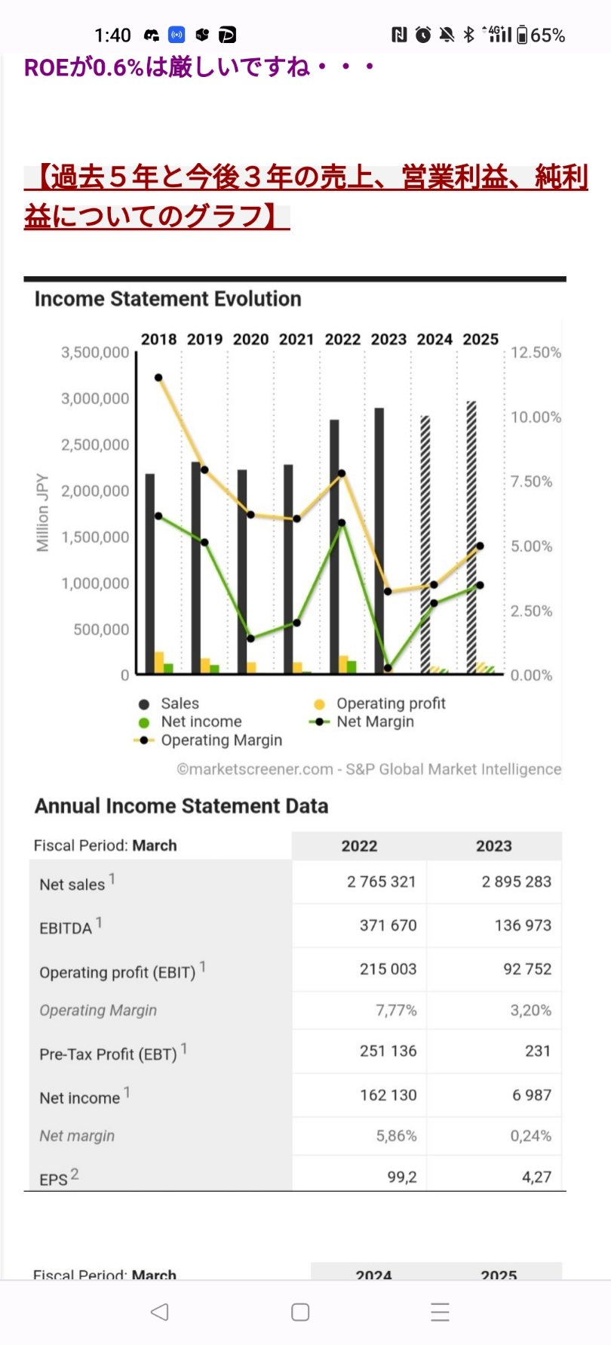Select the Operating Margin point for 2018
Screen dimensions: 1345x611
pos(158,377)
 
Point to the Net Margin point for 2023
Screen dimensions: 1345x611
pos(388,668)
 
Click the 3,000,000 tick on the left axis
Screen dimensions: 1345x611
pos(95,399)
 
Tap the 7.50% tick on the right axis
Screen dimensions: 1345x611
pos(532,482)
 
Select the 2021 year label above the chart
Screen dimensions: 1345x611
pos(296,340)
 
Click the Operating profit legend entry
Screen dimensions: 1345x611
pos(390,703)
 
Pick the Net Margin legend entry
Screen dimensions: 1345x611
pos(374,722)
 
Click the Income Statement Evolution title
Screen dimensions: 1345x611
pos(167,299)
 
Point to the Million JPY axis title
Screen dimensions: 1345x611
pos(42,512)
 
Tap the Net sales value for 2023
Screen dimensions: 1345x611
pos(516,882)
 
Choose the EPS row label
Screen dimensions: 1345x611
pos(54,1178)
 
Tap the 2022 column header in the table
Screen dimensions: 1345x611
pos(359,846)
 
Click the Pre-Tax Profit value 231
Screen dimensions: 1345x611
pos(537,1051)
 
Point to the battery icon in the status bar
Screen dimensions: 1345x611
pos(522,35)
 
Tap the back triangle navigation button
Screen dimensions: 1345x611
pos(159,1312)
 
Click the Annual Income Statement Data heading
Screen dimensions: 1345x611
pos(181,806)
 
